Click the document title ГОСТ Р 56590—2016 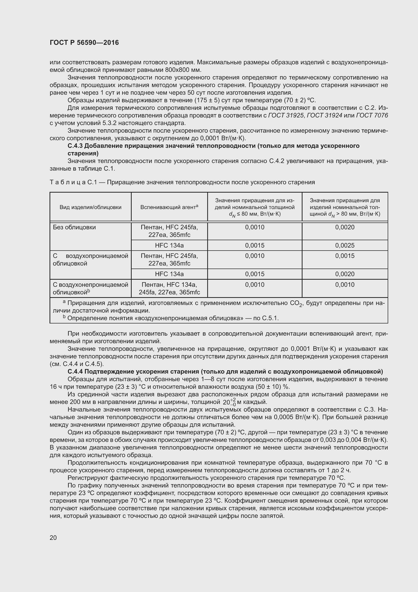click(x=84, y=43)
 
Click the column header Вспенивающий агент click(x=169, y=207)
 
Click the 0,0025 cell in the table click(x=345, y=246)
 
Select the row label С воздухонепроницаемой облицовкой click(x=90, y=288)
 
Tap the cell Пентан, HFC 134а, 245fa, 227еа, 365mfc click(x=169, y=288)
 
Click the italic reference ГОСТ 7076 click(x=372, y=115)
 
